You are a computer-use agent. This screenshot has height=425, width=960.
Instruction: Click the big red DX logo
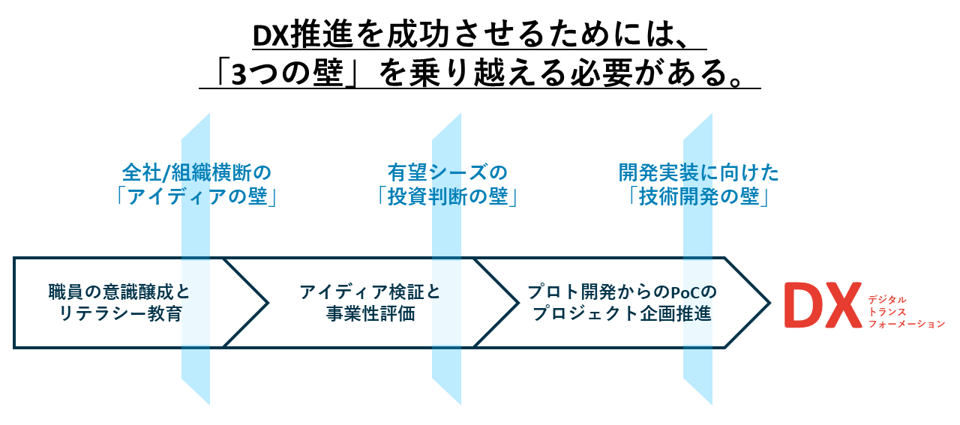[x=822, y=304]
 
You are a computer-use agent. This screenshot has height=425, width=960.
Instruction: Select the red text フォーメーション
[x=906, y=324]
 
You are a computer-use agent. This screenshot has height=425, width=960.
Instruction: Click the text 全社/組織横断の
[x=196, y=172]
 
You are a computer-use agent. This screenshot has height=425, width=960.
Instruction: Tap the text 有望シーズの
[x=448, y=172]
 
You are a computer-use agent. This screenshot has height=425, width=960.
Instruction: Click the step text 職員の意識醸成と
[x=119, y=291]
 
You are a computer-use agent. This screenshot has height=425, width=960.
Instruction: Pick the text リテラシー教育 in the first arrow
[x=119, y=313]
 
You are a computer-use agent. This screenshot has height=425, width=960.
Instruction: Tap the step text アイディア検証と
[x=370, y=291]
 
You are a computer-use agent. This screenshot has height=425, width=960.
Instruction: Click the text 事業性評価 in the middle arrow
[x=370, y=313]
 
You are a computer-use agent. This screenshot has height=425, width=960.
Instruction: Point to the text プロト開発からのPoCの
[x=622, y=291]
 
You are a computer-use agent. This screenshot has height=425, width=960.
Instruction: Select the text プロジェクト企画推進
[x=622, y=313]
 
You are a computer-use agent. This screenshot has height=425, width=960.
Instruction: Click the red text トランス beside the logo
[x=886, y=310]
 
